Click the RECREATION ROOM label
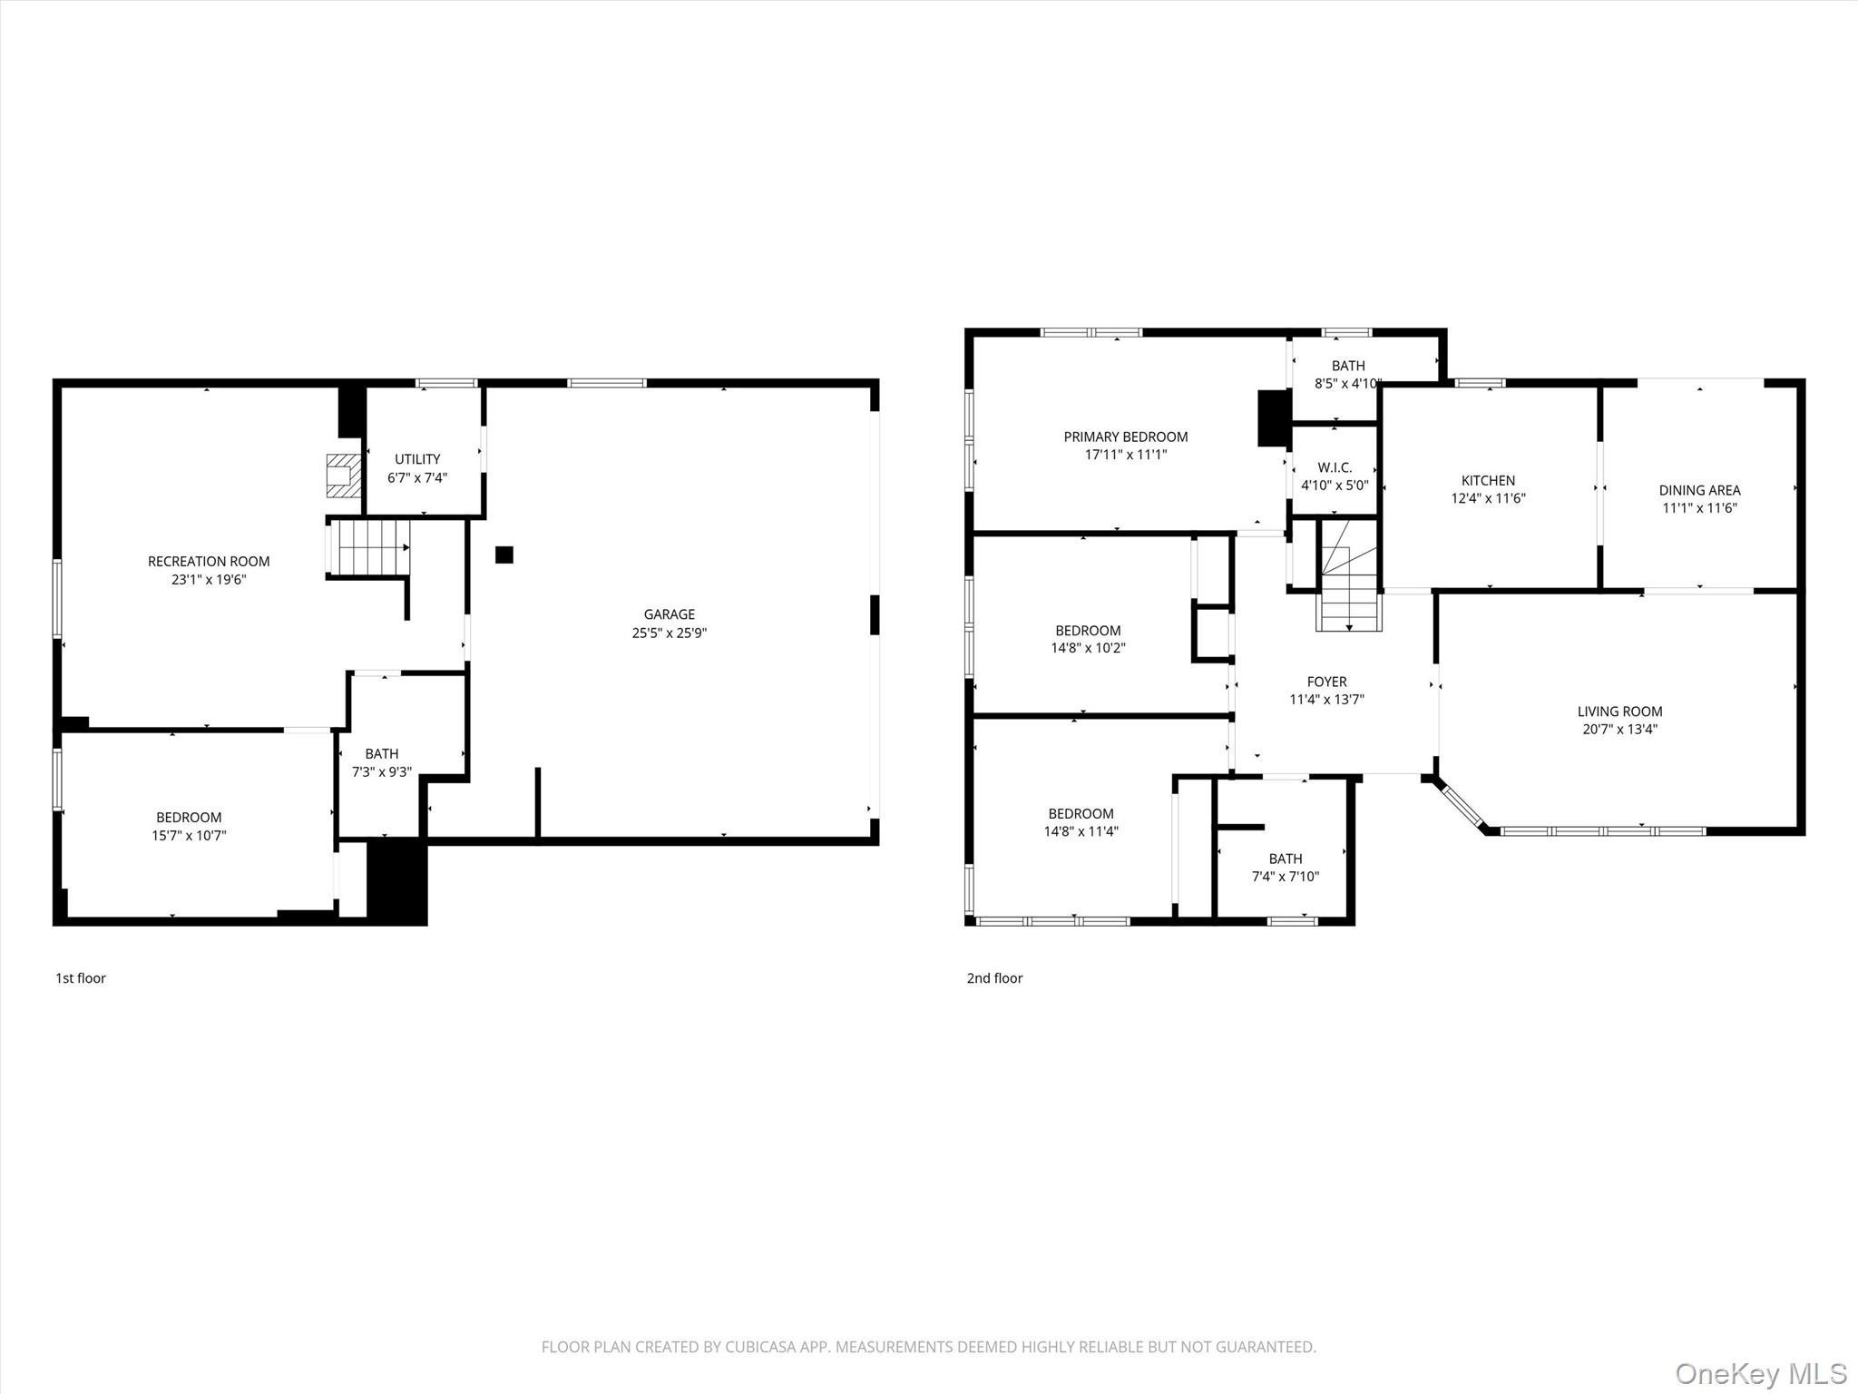pyautogui.click(x=209, y=562)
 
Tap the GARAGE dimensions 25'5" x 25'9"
pyautogui.click(x=669, y=633)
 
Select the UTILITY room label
pyautogui.click(x=417, y=459)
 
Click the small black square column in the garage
pyautogui.click(x=504, y=555)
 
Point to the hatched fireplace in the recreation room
pyautogui.click(x=343, y=476)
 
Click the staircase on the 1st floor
pyautogui.click(x=367, y=547)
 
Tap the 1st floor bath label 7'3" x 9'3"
pyautogui.click(x=382, y=772)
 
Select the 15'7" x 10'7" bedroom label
pyautogui.click(x=189, y=836)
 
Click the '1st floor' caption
pyautogui.click(x=81, y=978)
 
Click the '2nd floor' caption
pyautogui.click(x=994, y=978)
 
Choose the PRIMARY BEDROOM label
pyautogui.click(x=1126, y=437)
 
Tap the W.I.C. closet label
pyautogui.click(x=1335, y=467)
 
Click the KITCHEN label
pyautogui.click(x=1488, y=480)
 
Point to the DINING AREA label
pyautogui.click(x=1699, y=490)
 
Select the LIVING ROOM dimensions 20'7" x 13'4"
pyautogui.click(x=1619, y=729)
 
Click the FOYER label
pyautogui.click(x=1326, y=682)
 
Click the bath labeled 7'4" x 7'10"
pyautogui.click(x=1285, y=868)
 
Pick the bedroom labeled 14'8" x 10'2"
pyautogui.click(x=1088, y=639)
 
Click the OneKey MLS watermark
pyautogui.click(x=1761, y=1373)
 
